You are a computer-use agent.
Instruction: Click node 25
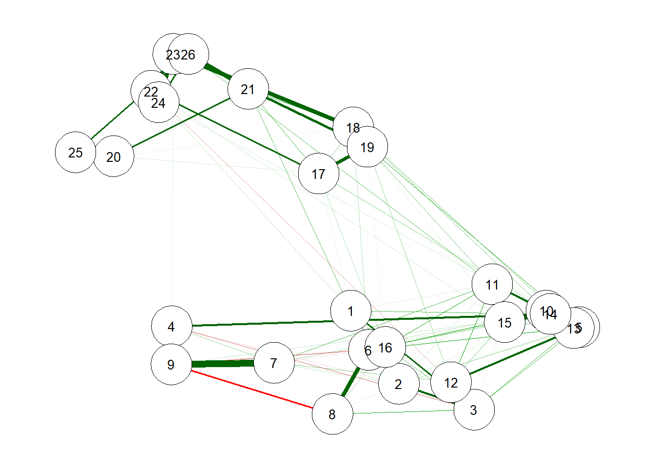(x=76, y=153)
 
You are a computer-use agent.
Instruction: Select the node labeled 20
(x=114, y=156)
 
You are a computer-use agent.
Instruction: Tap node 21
(x=248, y=89)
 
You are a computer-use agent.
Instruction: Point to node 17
(x=318, y=174)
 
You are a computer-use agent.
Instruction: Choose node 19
(x=367, y=147)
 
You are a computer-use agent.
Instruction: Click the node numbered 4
(x=172, y=326)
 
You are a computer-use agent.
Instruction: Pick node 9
(x=171, y=364)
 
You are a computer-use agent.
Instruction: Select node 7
(x=274, y=363)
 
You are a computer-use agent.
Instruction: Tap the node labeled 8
(x=332, y=414)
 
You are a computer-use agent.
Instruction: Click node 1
(x=350, y=311)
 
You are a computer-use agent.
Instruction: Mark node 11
(x=492, y=285)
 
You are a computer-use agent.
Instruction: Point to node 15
(x=504, y=322)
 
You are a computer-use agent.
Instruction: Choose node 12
(x=451, y=383)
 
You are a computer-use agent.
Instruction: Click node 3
(x=474, y=410)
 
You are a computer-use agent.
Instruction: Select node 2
(x=399, y=384)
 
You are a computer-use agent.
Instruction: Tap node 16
(x=385, y=347)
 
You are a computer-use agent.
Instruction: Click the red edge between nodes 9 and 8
(x=251, y=389)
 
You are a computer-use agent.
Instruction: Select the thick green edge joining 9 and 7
(x=223, y=364)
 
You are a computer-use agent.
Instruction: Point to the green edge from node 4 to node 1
(x=261, y=323)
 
